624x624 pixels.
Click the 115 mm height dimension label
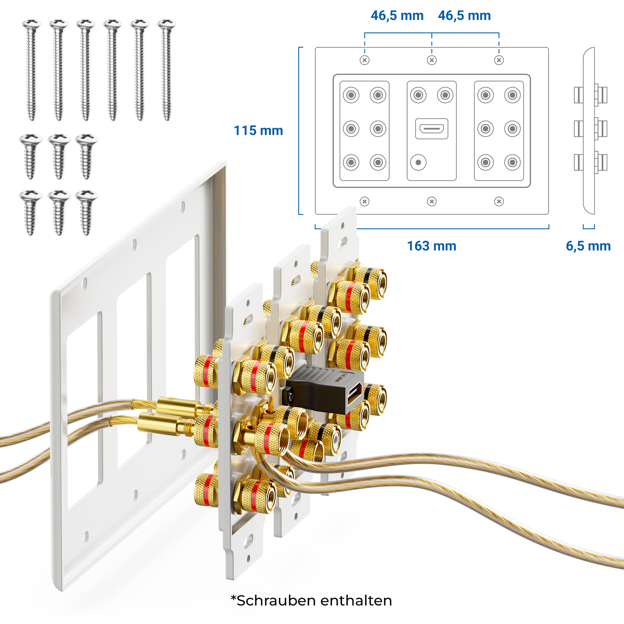(258, 131)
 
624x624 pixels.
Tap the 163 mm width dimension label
(431, 246)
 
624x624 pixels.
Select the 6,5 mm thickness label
(588, 246)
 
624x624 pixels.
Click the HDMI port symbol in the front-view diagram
(432, 129)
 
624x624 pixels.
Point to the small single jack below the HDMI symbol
(418, 162)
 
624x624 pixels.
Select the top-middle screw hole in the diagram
(432, 60)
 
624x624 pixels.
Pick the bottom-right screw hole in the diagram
(499, 202)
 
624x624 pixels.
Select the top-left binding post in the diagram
(351, 95)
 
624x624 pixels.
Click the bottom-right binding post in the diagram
(513, 162)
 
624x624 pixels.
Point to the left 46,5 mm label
(397, 16)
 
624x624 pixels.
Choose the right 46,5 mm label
(464, 16)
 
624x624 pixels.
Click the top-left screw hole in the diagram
(365, 60)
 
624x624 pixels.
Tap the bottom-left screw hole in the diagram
(365, 202)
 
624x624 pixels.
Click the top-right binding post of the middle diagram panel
(445, 95)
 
